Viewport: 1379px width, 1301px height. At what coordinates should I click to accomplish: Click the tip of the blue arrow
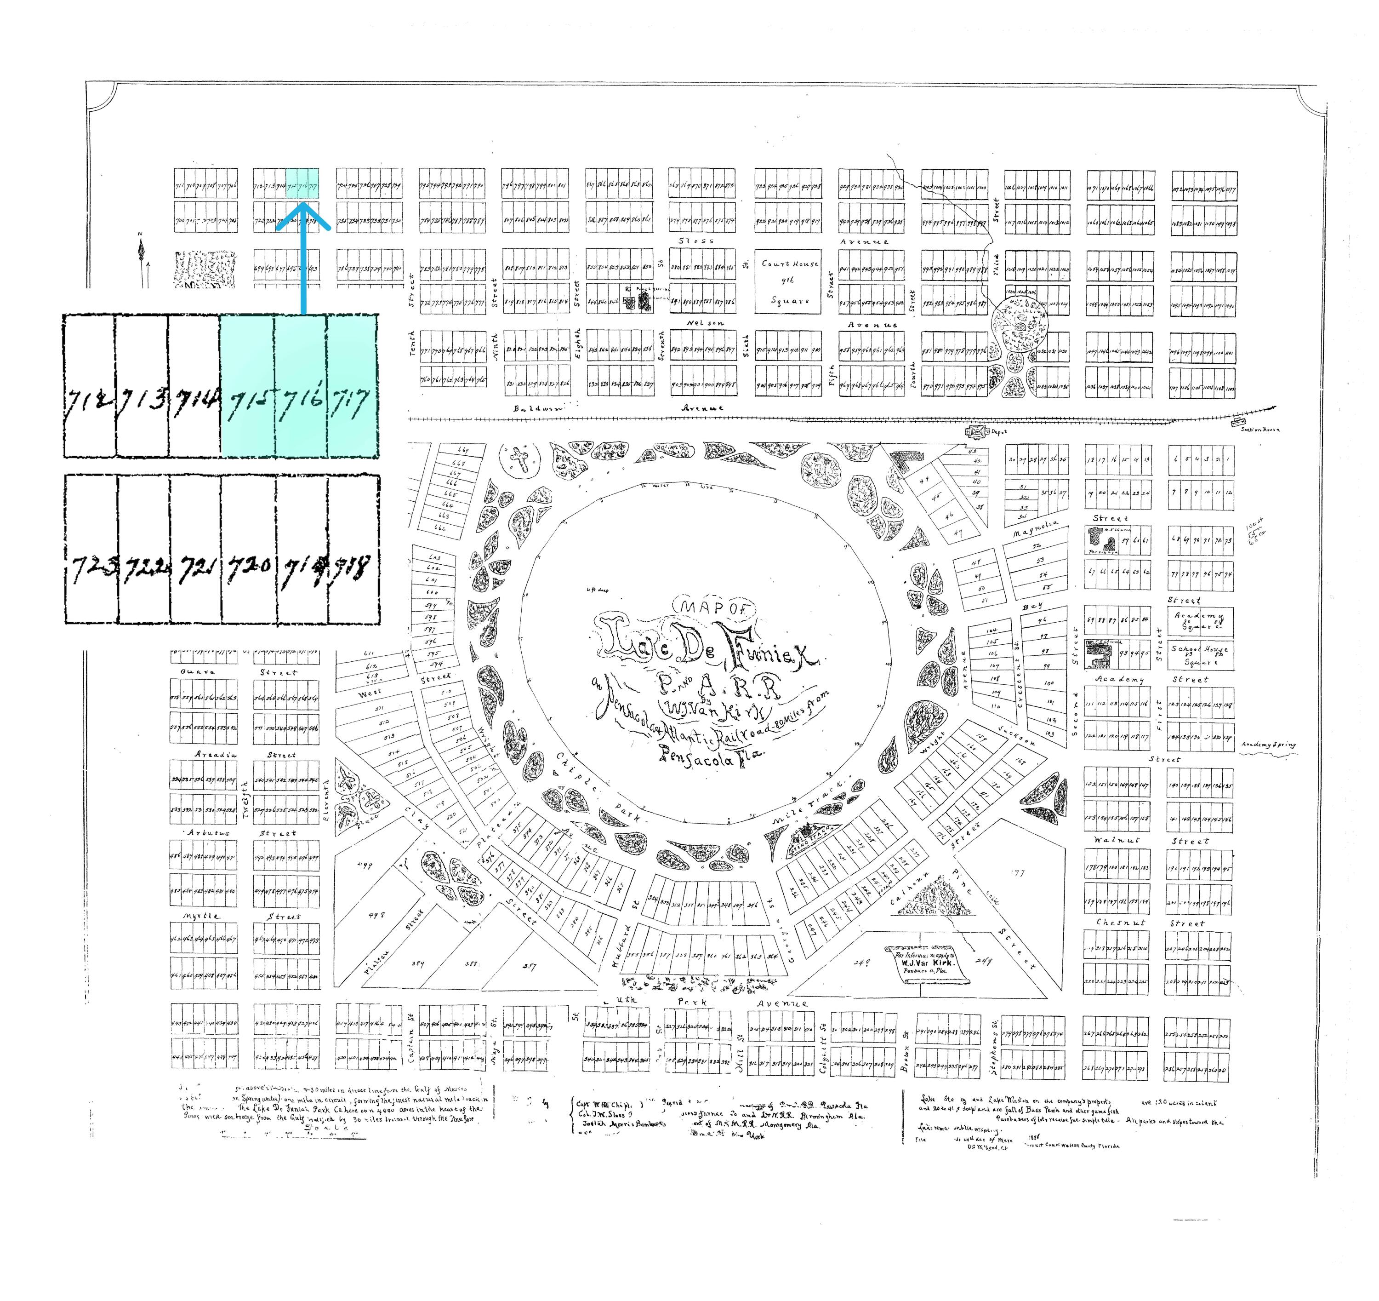(303, 204)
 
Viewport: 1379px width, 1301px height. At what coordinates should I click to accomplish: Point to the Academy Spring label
(1268, 745)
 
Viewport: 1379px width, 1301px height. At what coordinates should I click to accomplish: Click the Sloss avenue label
(695, 241)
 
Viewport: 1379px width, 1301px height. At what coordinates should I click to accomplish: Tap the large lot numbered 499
(364, 865)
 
